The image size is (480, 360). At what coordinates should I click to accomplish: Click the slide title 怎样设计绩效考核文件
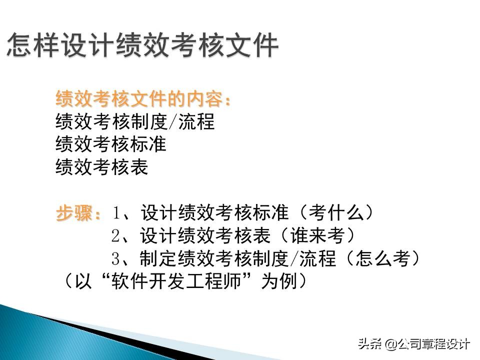tap(142, 46)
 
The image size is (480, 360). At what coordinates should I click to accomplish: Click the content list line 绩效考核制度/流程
tap(135, 122)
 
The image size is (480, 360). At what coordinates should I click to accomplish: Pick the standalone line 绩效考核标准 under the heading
tap(111, 144)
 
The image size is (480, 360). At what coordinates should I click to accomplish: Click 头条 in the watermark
tap(370, 344)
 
